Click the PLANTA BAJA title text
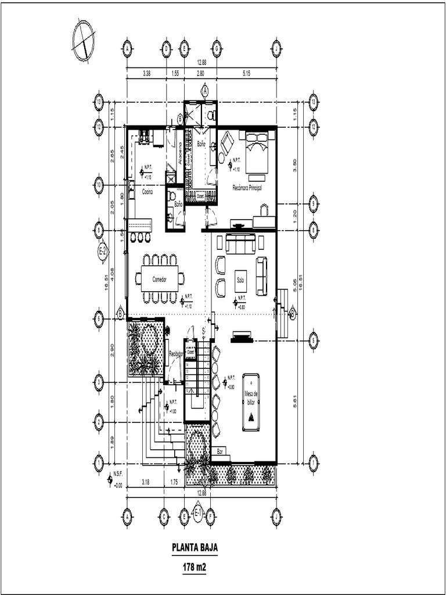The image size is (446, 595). tap(195, 547)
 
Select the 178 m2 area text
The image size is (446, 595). tap(195, 567)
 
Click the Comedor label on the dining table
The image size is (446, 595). tap(159, 279)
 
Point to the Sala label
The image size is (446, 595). tap(240, 279)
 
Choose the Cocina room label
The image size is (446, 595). tap(147, 191)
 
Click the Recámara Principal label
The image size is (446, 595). tap(247, 188)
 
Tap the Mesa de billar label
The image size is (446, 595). tap(251, 398)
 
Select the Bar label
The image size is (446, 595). tap(220, 451)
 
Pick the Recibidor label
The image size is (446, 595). tap(176, 353)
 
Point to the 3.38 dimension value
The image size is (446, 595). tap(146, 73)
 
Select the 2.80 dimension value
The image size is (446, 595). tap(200, 73)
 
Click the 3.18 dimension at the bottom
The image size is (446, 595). tap(146, 482)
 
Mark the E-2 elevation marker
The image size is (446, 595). tap(102, 252)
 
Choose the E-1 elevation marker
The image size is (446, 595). tap(197, 512)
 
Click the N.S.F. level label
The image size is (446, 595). tap(118, 474)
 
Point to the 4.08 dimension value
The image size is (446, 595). tap(113, 273)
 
